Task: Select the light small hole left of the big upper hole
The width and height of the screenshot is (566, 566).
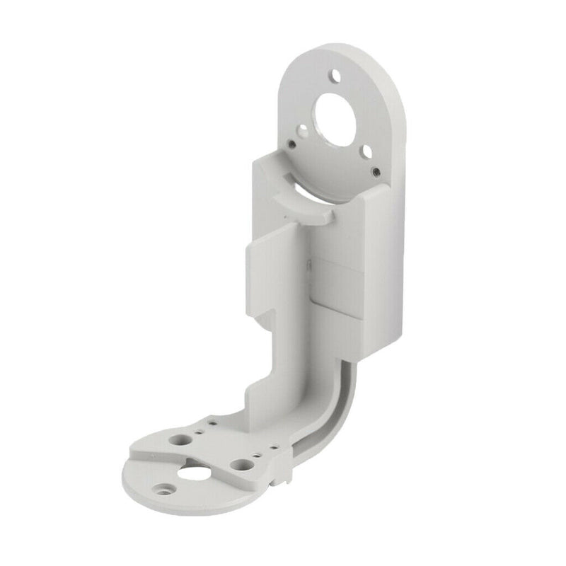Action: (303, 130)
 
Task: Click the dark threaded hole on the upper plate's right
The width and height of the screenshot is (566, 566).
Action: (376, 171)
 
